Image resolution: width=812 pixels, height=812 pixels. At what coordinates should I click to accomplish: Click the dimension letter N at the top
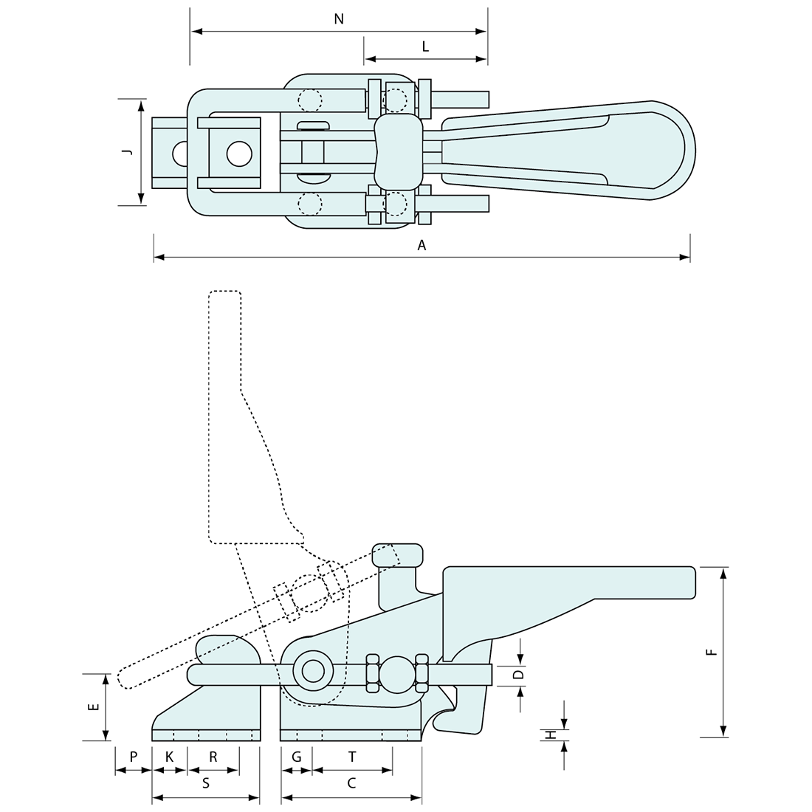point(339,19)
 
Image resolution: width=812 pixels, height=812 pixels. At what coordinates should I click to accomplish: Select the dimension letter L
point(425,47)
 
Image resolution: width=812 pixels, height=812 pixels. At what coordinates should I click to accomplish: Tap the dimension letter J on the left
point(127,151)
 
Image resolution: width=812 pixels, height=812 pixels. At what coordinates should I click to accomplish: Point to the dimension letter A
point(422,246)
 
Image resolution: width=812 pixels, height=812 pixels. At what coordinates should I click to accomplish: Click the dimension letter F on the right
point(710,652)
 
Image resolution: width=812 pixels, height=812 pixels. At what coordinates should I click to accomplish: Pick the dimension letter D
point(518,674)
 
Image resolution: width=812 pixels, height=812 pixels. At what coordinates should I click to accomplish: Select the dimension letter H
point(551,735)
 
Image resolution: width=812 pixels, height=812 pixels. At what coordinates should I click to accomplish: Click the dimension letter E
point(93,706)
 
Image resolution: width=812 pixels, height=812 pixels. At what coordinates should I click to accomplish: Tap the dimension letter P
point(133,757)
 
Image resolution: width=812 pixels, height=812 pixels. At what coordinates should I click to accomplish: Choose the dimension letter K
point(169,757)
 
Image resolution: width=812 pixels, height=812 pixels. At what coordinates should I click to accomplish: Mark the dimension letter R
point(213,757)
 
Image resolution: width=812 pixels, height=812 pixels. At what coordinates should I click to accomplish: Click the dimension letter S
point(206,784)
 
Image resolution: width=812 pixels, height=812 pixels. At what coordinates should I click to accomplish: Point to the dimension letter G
point(296,757)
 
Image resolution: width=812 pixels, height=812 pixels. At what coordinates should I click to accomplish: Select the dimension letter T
point(352,757)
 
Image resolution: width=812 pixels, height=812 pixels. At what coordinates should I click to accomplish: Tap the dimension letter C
point(351,784)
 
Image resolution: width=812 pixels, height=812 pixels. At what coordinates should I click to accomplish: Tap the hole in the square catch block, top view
point(238,154)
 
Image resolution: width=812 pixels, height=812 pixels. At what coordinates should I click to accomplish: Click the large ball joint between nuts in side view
point(397,674)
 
